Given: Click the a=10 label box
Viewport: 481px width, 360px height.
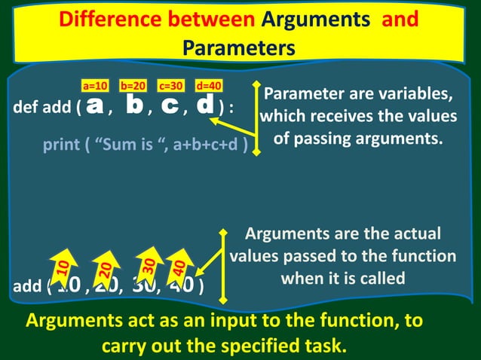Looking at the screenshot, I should click(x=96, y=86).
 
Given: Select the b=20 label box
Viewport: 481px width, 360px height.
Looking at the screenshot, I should click(x=133, y=86).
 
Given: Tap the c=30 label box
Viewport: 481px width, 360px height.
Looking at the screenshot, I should click(x=171, y=86).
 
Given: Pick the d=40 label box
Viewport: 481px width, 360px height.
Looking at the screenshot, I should click(x=208, y=86).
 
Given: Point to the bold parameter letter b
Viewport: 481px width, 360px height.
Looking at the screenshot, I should click(x=135, y=106).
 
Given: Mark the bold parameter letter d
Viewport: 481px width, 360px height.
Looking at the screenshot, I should click(x=205, y=106).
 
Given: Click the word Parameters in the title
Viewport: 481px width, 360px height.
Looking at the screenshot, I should click(x=238, y=48).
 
